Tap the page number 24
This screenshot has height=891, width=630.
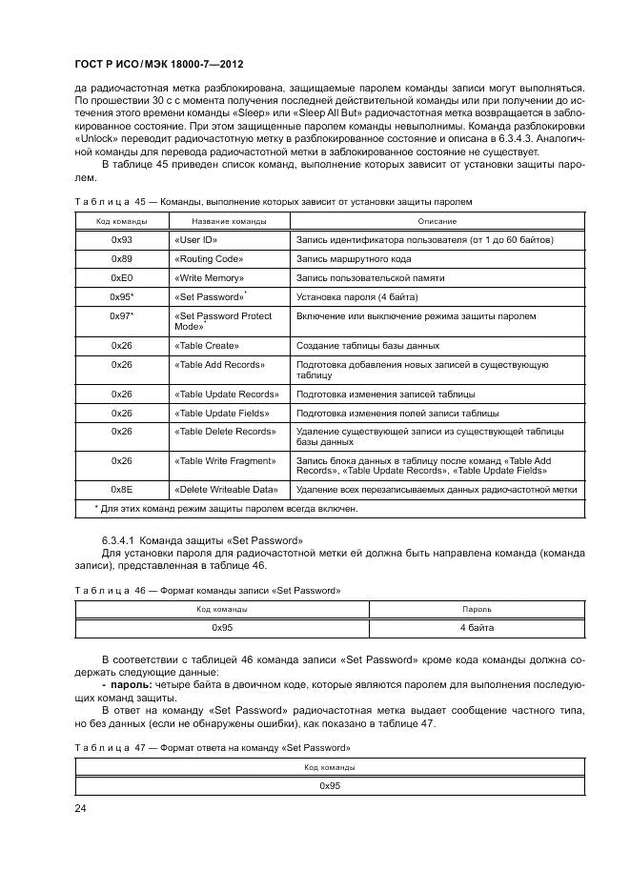tap(81, 809)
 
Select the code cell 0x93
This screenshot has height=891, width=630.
tap(121, 240)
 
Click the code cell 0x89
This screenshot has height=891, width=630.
tap(121, 259)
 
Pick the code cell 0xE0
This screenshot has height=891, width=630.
tap(121, 278)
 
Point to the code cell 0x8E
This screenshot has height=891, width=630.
tap(121, 490)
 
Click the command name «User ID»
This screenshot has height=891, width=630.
tap(196, 240)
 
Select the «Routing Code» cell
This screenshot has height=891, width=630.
tap(209, 259)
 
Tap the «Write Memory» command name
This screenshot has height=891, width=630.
tap(210, 278)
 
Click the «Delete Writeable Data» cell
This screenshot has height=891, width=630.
tap(226, 490)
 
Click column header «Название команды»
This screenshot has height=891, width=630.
tap(229, 221)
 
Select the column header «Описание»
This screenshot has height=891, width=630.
tap(437, 221)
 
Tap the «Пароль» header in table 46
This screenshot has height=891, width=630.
tap(477, 608)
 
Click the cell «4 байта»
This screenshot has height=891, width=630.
tap(477, 628)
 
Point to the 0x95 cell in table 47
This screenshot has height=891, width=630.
tap(330, 785)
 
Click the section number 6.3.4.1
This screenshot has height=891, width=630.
tap(120, 539)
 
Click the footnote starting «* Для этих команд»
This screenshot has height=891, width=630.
tap(225, 509)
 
